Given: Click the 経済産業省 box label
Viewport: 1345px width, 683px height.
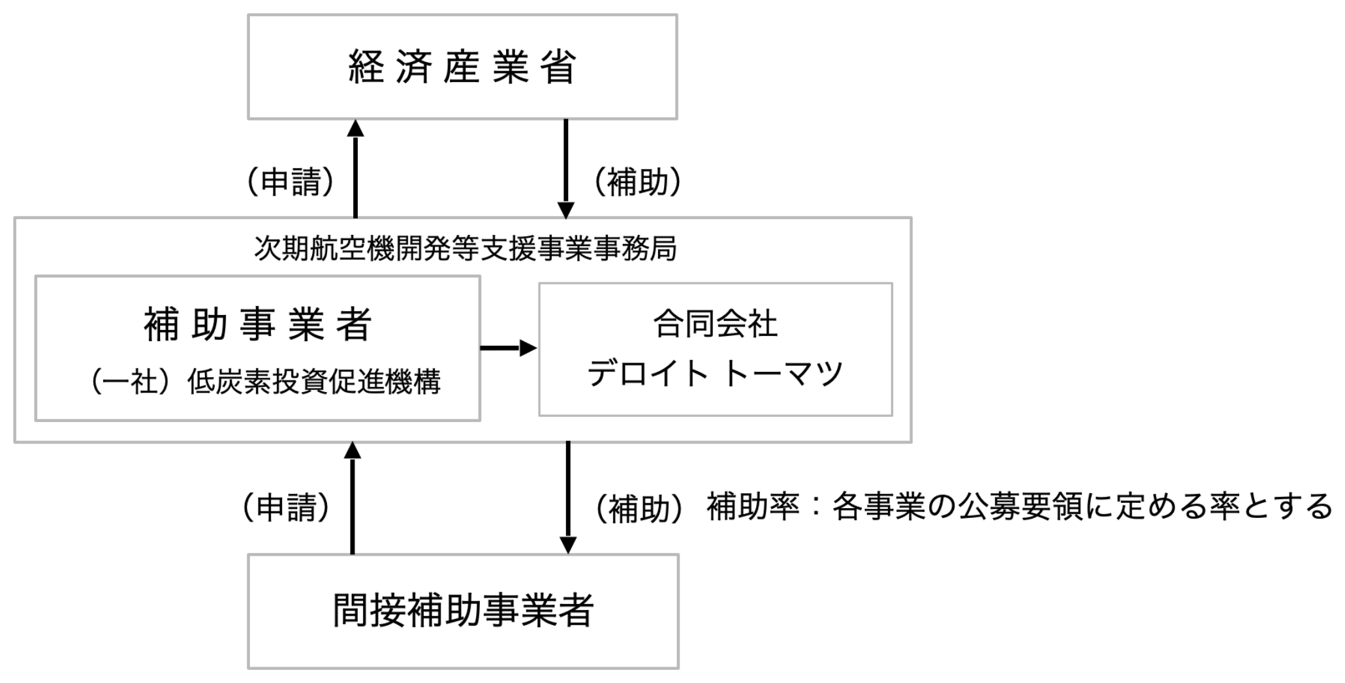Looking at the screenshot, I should click(x=462, y=67).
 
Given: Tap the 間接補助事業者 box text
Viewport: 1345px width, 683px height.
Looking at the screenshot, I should click(x=463, y=611).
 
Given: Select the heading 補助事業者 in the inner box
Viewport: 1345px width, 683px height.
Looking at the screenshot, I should click(x=258, y=324).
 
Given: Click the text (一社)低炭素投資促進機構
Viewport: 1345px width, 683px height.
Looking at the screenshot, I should click(x=266, y=382).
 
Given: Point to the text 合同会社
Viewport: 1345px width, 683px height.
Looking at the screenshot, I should click(x=715, y=324).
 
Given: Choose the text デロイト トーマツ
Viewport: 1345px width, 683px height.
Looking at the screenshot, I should click(x=715, y=374).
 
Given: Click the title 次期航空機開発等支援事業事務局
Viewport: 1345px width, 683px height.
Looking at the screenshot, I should click(x=465, y=249).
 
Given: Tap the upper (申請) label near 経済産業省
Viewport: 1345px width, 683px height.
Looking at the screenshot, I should click(x=291, y=181).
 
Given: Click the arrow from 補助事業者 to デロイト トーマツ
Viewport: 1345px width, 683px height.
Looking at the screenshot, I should click(x=508, y=348).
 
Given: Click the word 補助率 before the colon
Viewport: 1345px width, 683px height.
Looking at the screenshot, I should click(x=753, y=507).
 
